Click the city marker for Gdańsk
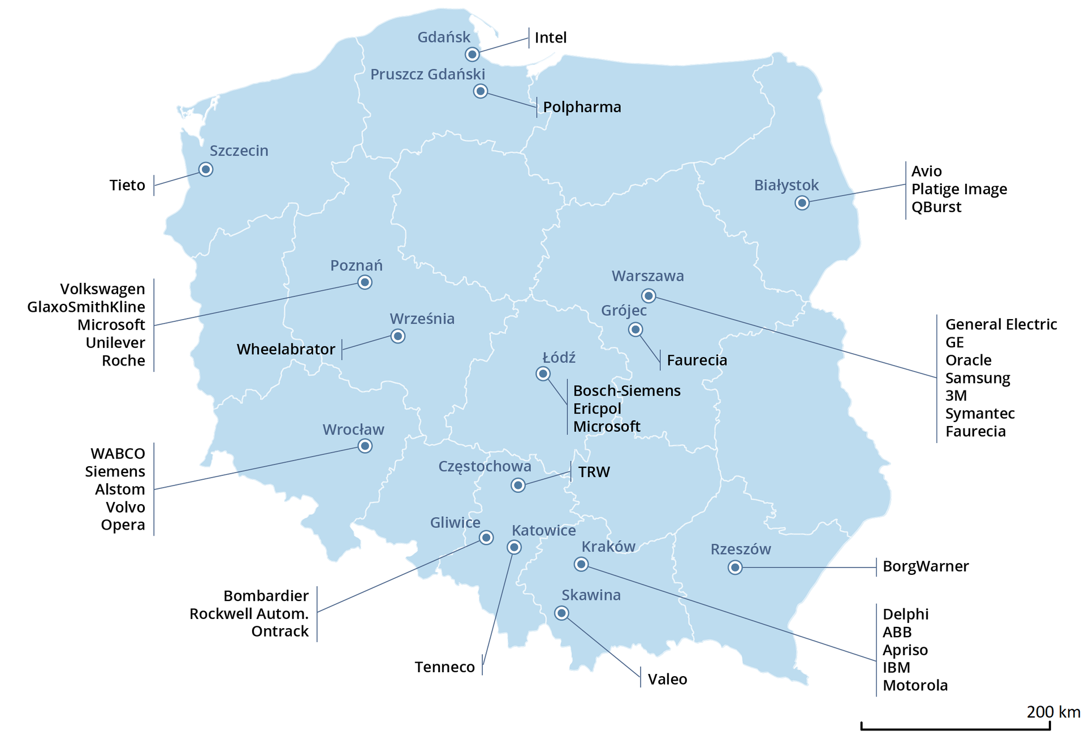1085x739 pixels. point(472,54)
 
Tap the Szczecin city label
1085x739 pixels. point(239,151)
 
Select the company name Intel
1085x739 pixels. point(550,38)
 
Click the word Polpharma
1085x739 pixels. point(582,107)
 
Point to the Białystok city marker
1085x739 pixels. point(802,203)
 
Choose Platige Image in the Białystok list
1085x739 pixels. point(959,189)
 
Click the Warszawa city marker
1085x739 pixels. point(649,296)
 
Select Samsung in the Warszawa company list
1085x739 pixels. point(977,378)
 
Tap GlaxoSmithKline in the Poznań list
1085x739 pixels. point(86,307)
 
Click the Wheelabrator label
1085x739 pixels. point(286,349)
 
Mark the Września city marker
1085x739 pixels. point(398,336)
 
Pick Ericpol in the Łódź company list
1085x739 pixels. point(597,409)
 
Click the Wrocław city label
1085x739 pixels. point(353,429)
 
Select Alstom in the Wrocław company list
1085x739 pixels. point(120,489)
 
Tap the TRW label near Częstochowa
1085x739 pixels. point(594,472)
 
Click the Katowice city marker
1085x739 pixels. point(514,547)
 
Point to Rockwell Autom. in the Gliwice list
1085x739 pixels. point(249,614)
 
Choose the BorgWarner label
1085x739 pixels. point(926,566)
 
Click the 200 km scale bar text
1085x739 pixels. point(1053,712)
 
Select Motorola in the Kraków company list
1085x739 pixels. point(915,686)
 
